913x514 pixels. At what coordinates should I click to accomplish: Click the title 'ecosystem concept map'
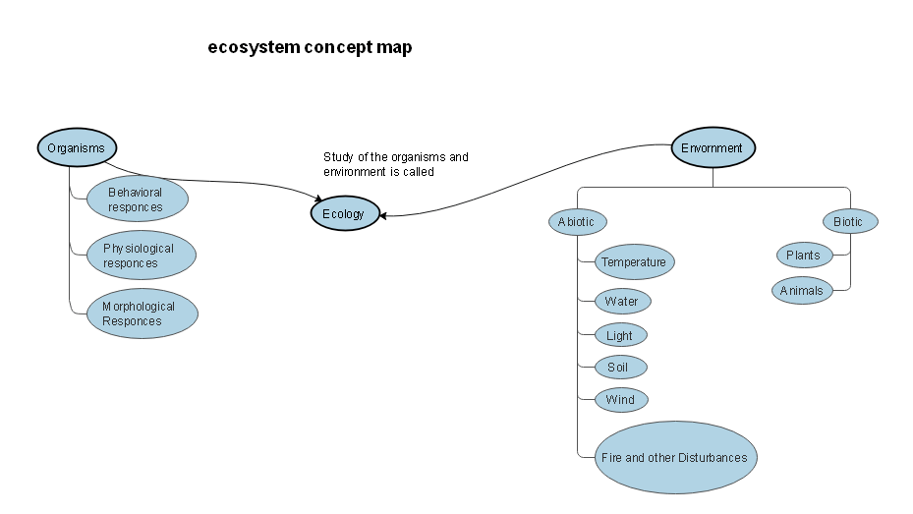pos(310,47)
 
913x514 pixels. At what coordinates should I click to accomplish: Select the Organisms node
pos(76,148)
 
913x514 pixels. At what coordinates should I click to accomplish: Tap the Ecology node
pos(344,213)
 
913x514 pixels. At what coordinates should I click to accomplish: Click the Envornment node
pos(713,148)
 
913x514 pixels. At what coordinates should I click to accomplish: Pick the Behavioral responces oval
pos(136,200)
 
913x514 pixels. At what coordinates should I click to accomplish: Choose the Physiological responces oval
pos(141,256)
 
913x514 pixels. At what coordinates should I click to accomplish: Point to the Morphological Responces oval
pos(142,314)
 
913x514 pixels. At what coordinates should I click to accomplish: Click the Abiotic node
pos(576,221)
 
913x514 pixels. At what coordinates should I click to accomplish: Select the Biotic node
pos(849,221)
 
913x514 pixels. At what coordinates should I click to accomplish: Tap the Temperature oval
pos(634,262)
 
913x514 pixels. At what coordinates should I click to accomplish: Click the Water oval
pos(622,302)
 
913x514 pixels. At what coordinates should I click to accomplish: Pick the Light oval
pos(620,335)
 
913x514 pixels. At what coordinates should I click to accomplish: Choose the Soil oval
pos(620,368)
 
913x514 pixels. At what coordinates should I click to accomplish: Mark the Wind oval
pos(620,400)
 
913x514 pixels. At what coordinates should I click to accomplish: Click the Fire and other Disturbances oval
pos(675,457)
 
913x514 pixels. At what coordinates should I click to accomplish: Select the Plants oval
pos(803,256)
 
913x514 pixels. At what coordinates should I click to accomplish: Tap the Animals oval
pos(802,291)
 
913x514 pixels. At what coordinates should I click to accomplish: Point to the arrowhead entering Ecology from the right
pos(384,215)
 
